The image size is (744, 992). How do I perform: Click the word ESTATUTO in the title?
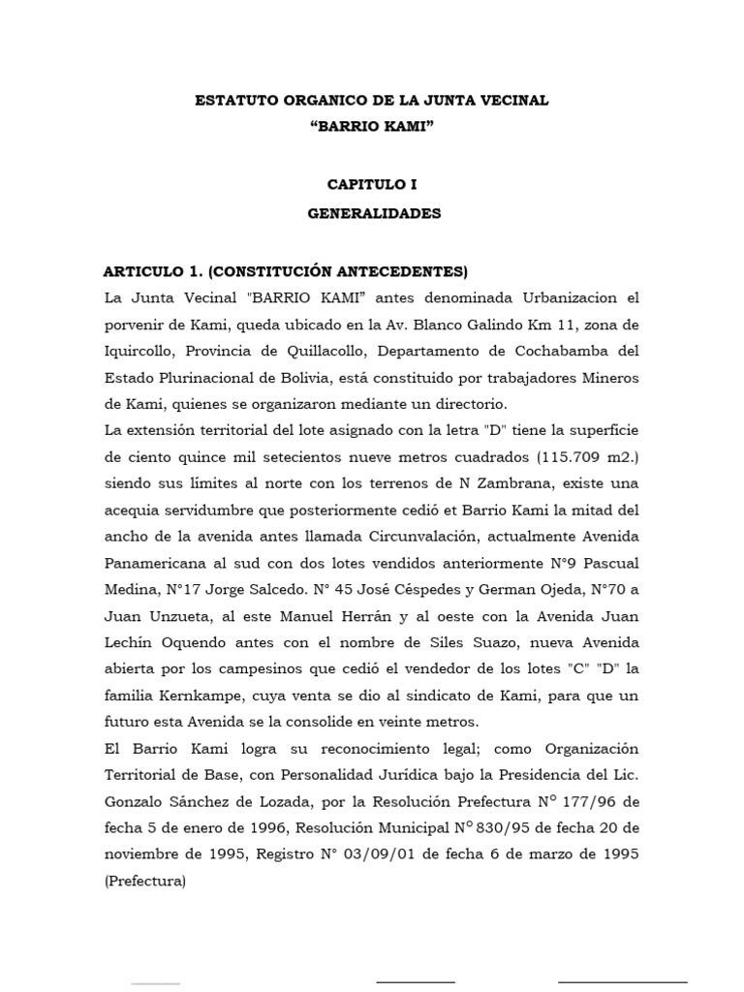click(x=231, y=100)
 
